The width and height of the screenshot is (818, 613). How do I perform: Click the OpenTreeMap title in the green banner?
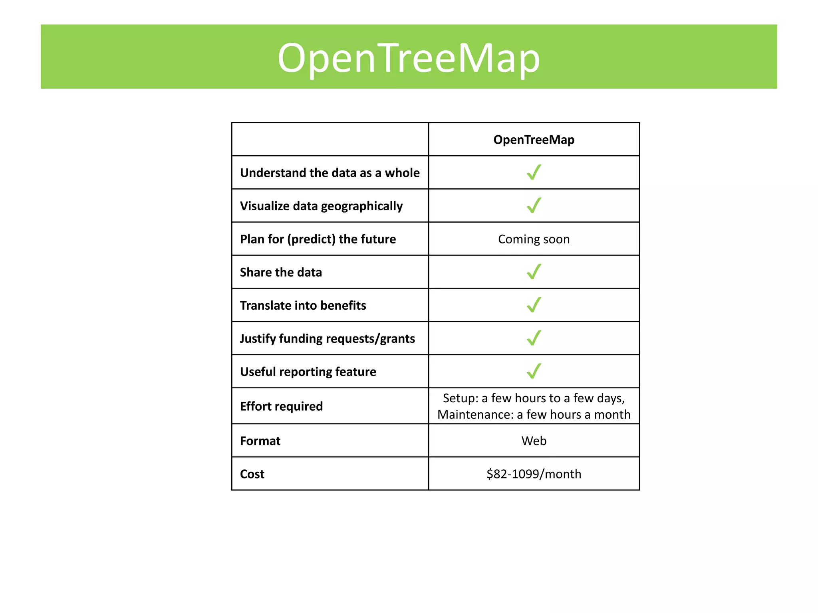click(409, 58)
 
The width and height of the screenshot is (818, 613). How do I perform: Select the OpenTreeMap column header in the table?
click(534, 140)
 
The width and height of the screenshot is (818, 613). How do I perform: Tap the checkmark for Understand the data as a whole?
click(534, 172)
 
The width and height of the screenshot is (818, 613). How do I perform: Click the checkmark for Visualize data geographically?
click(534, 206)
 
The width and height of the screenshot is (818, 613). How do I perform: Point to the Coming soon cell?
click(534, 239)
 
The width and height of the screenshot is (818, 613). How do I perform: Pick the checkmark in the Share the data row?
click(534, 272)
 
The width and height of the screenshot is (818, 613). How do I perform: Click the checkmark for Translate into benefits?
click(534, 305)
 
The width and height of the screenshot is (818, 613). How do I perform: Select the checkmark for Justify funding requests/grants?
click(534, 338)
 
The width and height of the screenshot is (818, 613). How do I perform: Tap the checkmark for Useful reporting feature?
click(534, 371)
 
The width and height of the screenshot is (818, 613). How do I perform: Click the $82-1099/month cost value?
click(534, 474)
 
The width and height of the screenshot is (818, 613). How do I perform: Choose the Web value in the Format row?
click(534, 441)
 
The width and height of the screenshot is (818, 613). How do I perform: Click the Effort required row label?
click(281, 406)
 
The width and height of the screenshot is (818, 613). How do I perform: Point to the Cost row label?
click(252, 474)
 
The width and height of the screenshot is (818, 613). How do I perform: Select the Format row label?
click(260, 441)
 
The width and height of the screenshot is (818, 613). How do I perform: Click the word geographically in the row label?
click(361, 206)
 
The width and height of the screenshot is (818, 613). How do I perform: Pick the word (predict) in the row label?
click(311, 239)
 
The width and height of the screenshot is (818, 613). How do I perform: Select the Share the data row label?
click(281, 272)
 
